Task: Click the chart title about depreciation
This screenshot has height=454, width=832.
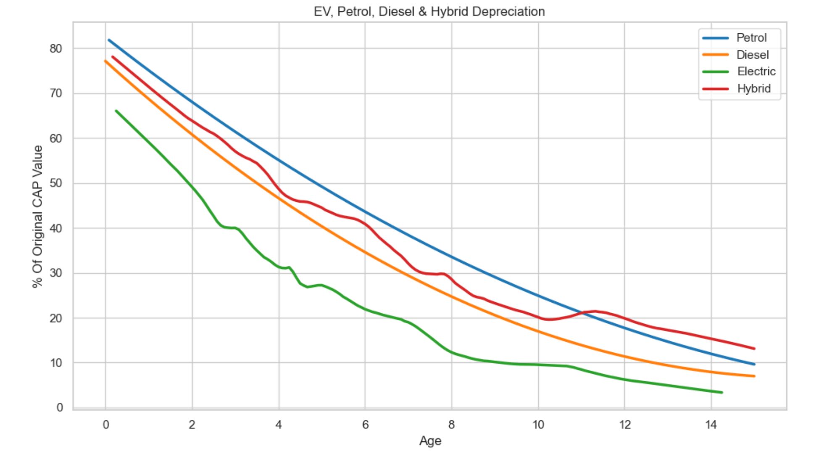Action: [429, 11]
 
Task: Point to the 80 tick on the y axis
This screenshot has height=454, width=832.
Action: [55, 49]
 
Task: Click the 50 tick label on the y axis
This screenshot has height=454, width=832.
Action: [55, 183]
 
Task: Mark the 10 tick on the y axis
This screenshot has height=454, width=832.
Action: [55, 363]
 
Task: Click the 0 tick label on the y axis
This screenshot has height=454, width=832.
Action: [59, 407]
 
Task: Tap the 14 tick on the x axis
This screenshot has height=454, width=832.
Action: [711, 425]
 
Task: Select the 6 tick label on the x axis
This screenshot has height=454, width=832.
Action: [365, 425]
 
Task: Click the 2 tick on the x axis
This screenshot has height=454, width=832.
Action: [192, 425]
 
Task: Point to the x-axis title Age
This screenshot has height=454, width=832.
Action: [430, 441]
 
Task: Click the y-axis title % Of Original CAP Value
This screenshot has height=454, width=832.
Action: [38, 216]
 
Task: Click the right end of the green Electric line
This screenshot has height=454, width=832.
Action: [721, 393]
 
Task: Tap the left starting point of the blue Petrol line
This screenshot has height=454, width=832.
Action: [109, 40]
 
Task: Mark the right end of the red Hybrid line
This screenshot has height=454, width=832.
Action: [754, 348]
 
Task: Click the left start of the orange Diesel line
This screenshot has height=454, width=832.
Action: [105, 61]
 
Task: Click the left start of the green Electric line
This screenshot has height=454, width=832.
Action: [116, 111]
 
